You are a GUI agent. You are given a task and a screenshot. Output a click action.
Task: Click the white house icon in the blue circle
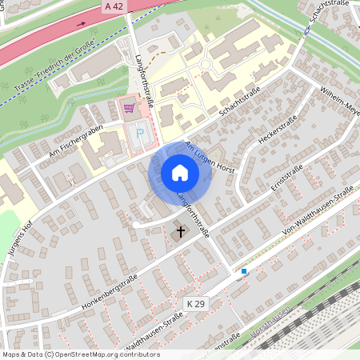[179, 173]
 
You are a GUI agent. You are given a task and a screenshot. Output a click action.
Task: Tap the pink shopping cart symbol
[128, 106]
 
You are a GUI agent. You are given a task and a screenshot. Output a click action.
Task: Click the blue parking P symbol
[141, 134]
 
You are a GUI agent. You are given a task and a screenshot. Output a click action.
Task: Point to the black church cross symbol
[180, 233]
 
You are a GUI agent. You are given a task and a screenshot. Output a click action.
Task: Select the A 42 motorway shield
[114, 6]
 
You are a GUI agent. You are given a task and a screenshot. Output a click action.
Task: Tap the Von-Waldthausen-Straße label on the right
[318, 213]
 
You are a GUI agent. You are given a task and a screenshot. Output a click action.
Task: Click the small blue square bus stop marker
[244, 272]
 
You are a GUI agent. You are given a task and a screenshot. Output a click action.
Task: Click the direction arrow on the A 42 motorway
[81, 24]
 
